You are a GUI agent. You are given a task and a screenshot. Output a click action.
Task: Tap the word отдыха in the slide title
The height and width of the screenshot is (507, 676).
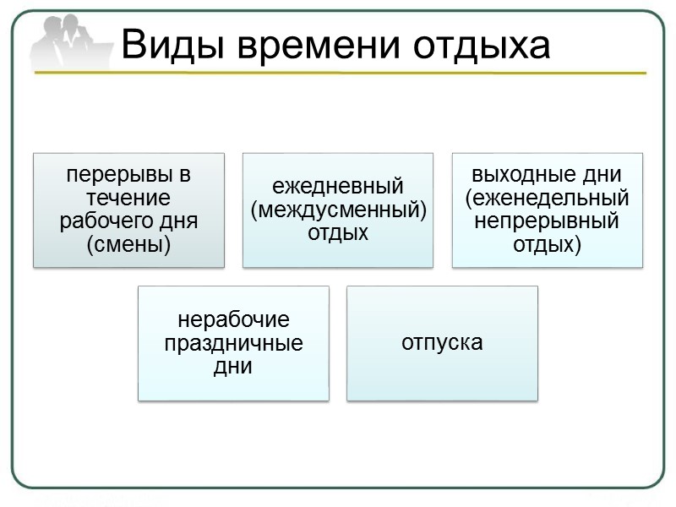tap(480, 44)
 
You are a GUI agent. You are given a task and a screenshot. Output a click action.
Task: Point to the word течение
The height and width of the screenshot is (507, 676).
tap(128, 199)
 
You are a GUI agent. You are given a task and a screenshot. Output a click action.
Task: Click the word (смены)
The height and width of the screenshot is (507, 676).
tap(128, 246)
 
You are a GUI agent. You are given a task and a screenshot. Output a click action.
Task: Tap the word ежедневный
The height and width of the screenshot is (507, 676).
tap(338, 187)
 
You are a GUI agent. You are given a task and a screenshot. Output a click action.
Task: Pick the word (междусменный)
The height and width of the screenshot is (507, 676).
tap(338, 210)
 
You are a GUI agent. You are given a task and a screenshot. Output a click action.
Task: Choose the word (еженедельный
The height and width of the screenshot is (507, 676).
tap(548, 199)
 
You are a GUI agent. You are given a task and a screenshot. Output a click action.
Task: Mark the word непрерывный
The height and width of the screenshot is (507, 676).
tap(547, 222)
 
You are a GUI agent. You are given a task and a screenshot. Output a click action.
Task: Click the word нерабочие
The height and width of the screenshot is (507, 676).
tap(233, 320)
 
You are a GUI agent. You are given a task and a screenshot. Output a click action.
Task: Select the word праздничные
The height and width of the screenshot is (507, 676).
tap(233, 344)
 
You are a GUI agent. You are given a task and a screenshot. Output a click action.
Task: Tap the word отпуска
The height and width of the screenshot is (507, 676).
tap(442, 343)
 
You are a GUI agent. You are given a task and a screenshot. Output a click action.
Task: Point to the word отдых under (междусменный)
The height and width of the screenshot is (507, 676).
tap(338, 232)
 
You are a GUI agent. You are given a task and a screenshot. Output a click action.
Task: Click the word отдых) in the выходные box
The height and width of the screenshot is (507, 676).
tap(548, 246)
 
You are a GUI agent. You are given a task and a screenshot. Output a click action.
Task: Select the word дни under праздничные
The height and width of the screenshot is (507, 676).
tap(233, 368)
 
